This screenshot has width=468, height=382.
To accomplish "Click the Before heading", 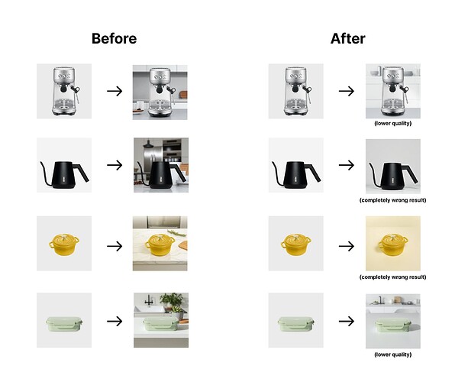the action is [x=114, y=38].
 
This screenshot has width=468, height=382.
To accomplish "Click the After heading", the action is [x=347, y=38].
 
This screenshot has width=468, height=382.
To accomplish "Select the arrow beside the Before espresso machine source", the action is [x=115, y=91].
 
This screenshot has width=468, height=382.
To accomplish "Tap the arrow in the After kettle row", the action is [x=347, y=165].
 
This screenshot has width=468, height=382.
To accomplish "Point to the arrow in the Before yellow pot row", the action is [x=115, y=246].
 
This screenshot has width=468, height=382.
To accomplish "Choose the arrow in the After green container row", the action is [x=347, y=321].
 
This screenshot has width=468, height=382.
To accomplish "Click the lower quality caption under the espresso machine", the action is [x=392, y=123].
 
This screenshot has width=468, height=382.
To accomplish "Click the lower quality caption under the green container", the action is [x=392, y=354].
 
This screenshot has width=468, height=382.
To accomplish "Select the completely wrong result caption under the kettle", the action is [x=392, y=200].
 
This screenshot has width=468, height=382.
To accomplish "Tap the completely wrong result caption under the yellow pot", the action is [x=392, y=277].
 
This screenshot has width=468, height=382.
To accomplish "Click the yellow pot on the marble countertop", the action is [x=160, y=244].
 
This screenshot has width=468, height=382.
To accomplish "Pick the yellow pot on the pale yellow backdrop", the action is [x=392, y=244].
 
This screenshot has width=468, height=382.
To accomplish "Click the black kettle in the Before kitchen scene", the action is [x=161, y=175].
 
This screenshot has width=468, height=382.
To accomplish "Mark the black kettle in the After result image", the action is [x=392, y=176].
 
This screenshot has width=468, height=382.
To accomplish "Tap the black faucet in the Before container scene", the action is [x=148, y=300].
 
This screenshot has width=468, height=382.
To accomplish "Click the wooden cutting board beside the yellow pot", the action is [x=182, y=245].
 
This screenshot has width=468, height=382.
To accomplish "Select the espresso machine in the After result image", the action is [x=394, y=91].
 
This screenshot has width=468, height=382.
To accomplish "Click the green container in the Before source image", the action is [x=63, y=324].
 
